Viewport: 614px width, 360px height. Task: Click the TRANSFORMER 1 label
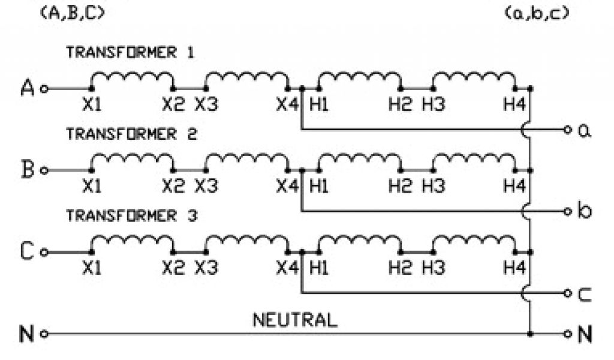(x=130, y=53)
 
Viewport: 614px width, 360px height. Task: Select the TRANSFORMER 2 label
(x=130, y=134)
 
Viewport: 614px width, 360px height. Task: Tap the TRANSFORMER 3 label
(x=130, y=215)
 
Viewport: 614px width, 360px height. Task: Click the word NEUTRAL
(x=294, y=319)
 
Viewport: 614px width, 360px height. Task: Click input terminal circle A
(x=44, y=89)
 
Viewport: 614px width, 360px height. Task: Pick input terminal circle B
(x=44, y=170)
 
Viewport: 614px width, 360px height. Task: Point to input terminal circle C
(x=44, y=252)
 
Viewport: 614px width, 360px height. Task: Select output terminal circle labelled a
(x=567, y=130)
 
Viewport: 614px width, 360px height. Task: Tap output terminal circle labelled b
(x=567, y=211)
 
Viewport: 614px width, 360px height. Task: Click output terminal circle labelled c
(x=567, y=293)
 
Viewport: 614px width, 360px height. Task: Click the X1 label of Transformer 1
(x=92, y=105)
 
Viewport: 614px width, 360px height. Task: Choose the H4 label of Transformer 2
(x=514, y=187)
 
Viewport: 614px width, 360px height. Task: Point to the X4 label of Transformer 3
(x=287, y=268)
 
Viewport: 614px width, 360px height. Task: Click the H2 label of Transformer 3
(x=400, y=268)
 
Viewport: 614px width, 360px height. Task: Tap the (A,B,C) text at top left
(x=71, y=13)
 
